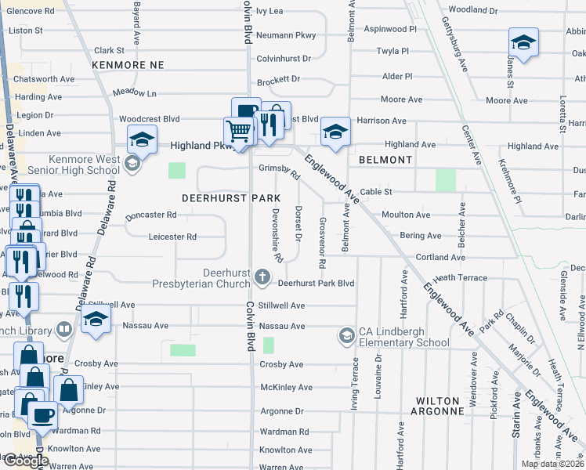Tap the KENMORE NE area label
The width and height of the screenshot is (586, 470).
(x=128, y=65)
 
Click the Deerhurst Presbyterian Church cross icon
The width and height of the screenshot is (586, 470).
(x=262, y=277)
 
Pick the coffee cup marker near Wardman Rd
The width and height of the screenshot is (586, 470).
(x=42, y=414)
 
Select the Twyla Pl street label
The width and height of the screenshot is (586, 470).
(x=392, y=49)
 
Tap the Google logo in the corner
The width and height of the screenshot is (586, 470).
(x=25, y=461)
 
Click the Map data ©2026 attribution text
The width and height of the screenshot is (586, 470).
(x=552, y=465)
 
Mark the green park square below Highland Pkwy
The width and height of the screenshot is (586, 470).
(x=178, y=170)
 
